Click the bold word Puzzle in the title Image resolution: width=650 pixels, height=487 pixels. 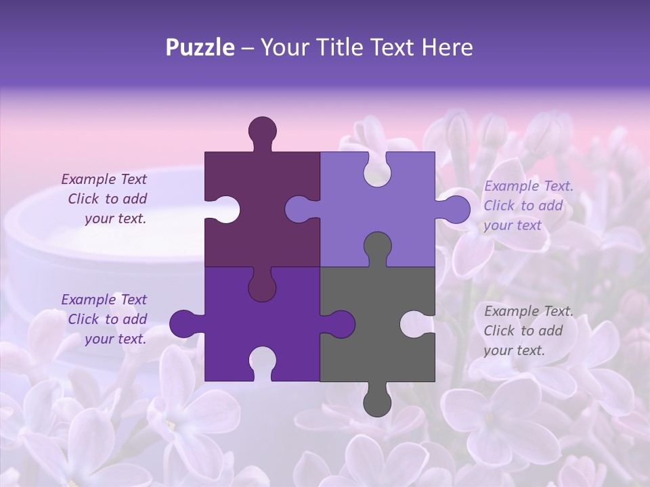pyautogui.click(x=200, y=47)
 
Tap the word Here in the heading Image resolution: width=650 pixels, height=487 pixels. pyautogui.click(x=447, y=47)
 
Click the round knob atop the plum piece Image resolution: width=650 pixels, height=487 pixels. pyautogui.click(x=262, y=130)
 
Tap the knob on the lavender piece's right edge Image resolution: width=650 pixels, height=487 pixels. pyautogui.click(x=456, y=209)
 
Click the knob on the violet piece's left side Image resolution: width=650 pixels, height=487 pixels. pyautogui.click(x=183, y=323)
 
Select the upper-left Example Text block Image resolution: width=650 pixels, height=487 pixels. pyautogui.click(x=105, y=199)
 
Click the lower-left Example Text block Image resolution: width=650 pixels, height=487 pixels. pyautogui.click(x=105, y=319)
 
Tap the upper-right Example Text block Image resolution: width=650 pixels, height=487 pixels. pyautogui.click(x=528, y=206)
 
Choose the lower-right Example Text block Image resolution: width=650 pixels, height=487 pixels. pyautogui.click(x=528, y=331)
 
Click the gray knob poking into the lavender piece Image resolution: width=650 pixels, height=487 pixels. pyautogui.click(x=377, y=246)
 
